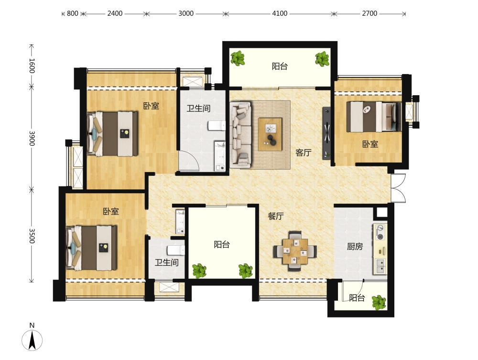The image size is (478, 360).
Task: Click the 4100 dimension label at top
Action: point(280,13)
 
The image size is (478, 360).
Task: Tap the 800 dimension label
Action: point(73,13)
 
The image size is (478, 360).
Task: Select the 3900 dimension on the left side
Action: point(32,138)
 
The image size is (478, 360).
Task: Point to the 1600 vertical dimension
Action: point(32,66)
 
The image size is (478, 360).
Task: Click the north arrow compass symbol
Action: point(32,339)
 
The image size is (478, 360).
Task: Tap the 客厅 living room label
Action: point(304,153)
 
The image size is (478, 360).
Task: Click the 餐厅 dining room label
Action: point(276,216)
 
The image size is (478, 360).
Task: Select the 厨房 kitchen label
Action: point(355,246)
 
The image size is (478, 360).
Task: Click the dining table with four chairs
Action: point(295,251)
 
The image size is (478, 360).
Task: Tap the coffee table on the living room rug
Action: point(270,134)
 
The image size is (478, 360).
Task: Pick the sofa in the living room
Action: point(241,135)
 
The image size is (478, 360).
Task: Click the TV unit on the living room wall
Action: point(326,133)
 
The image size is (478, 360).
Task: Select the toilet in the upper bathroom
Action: point(217,125)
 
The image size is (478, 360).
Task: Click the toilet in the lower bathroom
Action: point(176,250)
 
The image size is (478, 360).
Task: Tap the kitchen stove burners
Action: point(380,232)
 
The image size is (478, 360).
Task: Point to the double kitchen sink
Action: point(380,266)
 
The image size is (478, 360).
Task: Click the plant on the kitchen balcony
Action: point(379,302)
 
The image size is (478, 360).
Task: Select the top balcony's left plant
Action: point(238,58)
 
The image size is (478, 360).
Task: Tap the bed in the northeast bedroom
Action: point(374,117)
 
